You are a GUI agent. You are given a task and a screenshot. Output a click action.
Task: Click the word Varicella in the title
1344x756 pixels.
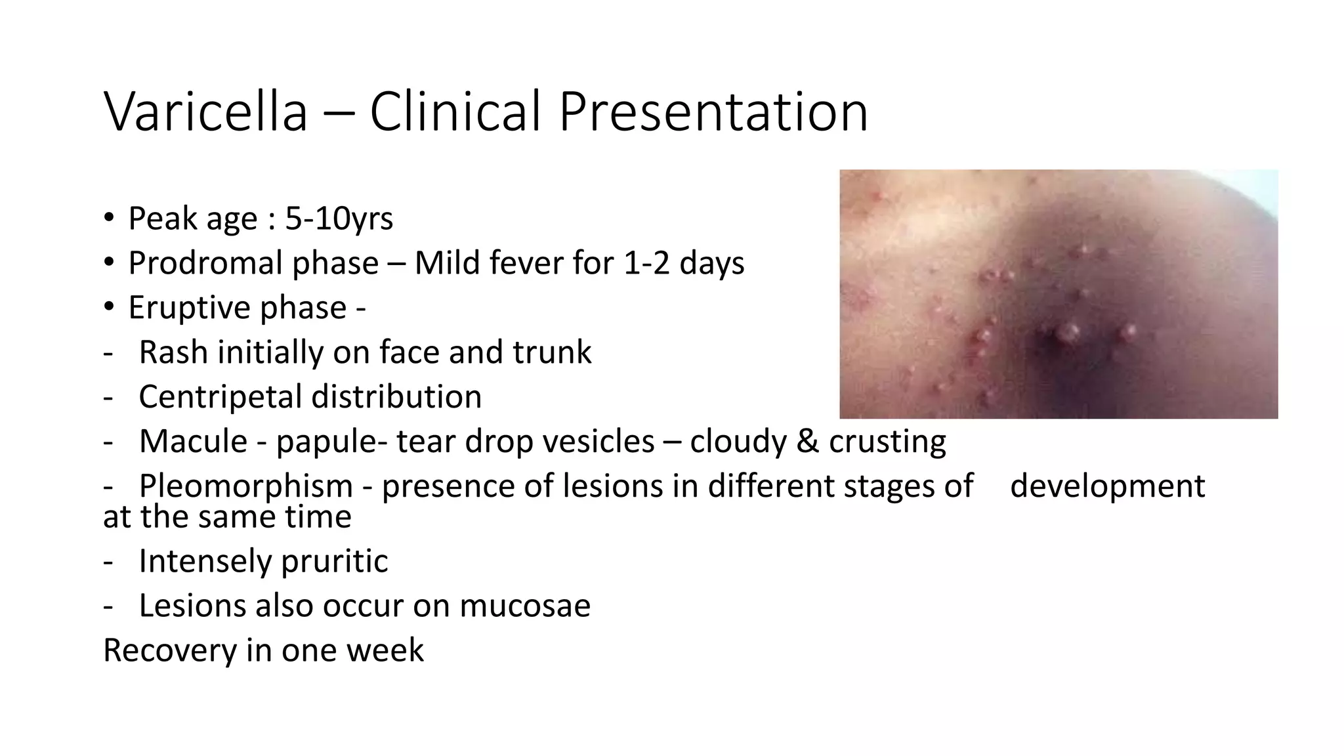pos(205,112)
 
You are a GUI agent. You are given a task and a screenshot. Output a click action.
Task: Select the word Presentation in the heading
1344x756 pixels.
pos(713,112)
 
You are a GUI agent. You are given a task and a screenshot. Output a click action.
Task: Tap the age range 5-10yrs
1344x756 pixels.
pos(339,219)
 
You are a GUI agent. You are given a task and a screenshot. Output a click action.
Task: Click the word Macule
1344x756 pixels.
pos(193,441)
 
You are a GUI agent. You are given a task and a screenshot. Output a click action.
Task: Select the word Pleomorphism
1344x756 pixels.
pos(246,486)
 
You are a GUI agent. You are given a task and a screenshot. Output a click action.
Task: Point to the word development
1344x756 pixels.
pos(1107,486)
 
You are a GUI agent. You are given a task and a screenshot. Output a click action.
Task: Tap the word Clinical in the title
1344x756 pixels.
pos(455,112)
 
